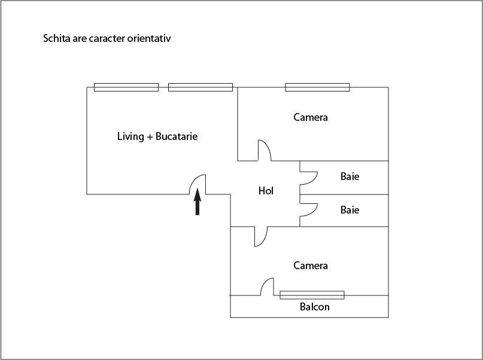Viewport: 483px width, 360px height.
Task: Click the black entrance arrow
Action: [x=198, y=202]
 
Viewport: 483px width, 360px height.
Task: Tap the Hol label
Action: [x=266, y=191]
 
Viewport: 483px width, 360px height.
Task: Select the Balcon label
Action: [x=314, y=307]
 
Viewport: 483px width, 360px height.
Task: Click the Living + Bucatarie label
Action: [x=157, y=136]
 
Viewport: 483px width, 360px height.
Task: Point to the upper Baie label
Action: [x=350, y=176]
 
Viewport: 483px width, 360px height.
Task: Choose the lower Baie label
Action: [x=350, y=210]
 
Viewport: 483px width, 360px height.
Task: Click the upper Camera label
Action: [x=311, y=117]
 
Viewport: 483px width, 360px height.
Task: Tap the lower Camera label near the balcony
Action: [x=311, y=266]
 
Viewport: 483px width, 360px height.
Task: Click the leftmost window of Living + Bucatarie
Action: [x=126, y=87]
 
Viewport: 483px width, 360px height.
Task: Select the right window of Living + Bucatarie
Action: [x=201, y=87]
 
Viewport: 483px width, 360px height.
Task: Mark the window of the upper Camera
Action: [x=318, y=87]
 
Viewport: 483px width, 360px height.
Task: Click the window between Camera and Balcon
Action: [x=312, y=295]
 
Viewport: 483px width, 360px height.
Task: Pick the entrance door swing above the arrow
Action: [x=198, y=184]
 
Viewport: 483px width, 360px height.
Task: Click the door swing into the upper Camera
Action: [x=265, y=150]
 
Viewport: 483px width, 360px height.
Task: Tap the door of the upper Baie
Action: [x=309, y=178]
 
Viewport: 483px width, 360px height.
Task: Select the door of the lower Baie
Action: [x=309, y=210]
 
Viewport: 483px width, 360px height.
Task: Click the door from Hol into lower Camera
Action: [x=261, y=237]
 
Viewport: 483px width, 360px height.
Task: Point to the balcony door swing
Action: [x=267, y=287]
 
